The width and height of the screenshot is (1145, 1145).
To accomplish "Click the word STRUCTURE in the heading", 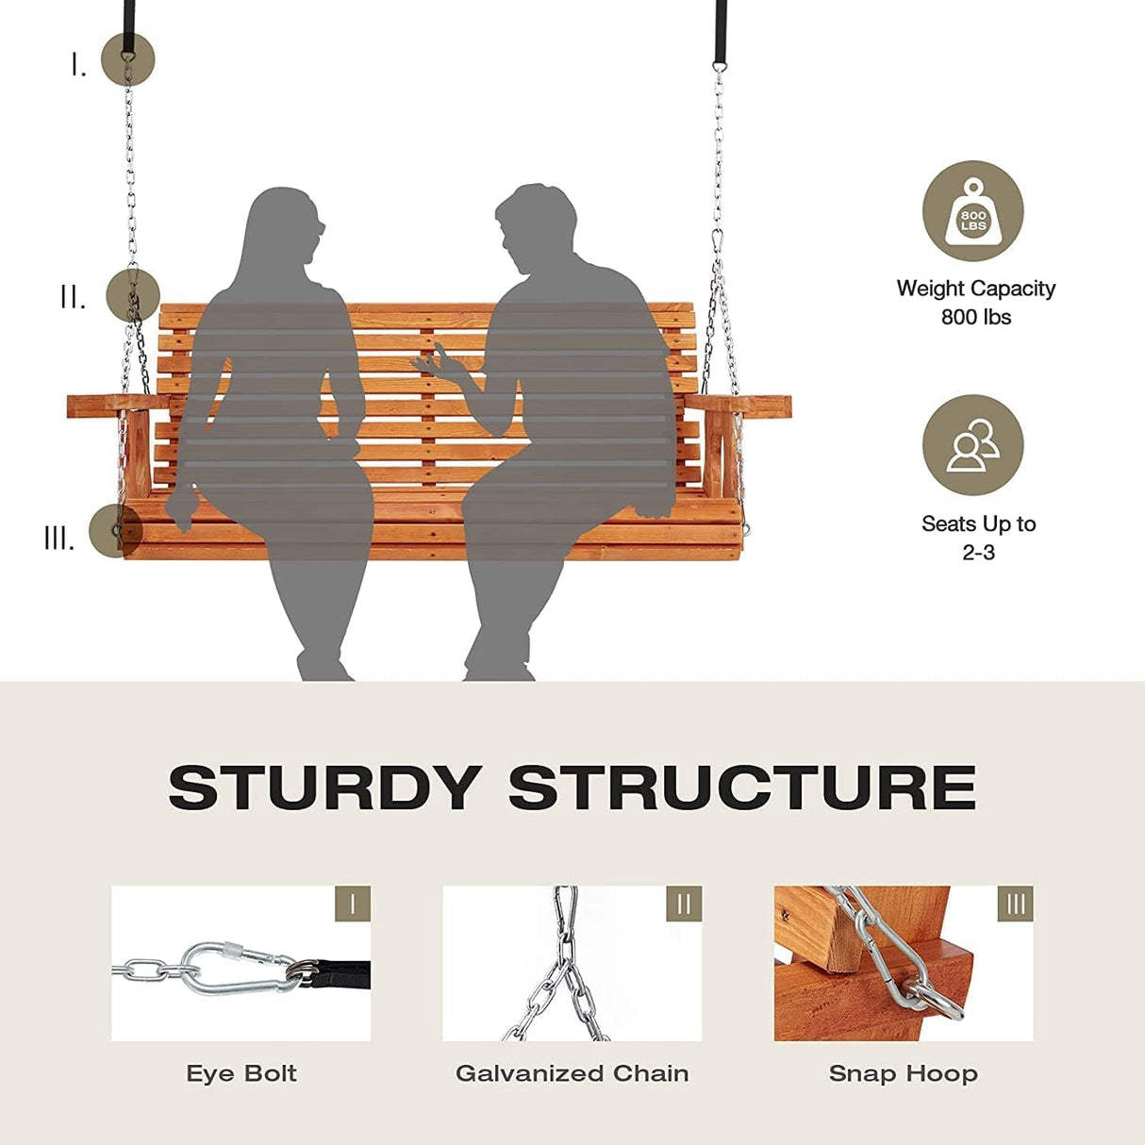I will click(742, 788).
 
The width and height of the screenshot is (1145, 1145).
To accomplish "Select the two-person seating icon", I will click(972, 445).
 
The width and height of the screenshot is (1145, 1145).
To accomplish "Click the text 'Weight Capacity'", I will click(975, 289).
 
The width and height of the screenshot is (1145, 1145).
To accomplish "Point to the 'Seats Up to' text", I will click(978, 523).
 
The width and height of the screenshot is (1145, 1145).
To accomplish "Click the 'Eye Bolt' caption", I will click(241, 1073).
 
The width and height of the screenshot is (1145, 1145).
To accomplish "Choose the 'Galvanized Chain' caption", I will click(572, 1073).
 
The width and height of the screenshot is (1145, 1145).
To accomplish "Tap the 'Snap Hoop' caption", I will click(903, 1073).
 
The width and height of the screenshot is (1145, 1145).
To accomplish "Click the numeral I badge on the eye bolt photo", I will click(353, 904).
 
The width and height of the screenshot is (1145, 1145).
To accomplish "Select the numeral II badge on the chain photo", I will click(684, 904).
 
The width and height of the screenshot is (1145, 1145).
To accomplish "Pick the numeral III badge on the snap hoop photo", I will click(1015, 904).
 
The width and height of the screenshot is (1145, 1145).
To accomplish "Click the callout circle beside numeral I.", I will click(127, 58).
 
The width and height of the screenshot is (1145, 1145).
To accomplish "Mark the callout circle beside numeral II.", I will click(133, 294).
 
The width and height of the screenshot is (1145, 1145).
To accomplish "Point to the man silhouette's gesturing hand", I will click(433, 362).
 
